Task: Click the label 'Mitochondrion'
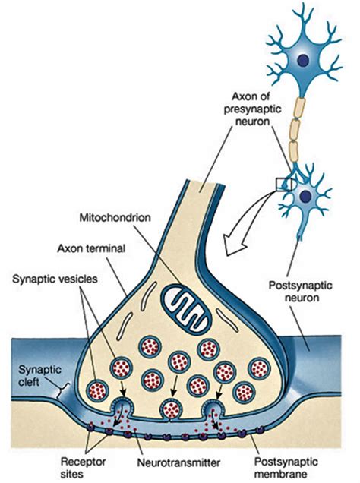(116, 215)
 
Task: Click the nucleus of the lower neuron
(306, 197)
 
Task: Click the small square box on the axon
(283, 184)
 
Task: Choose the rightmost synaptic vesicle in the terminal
(245, 390)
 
